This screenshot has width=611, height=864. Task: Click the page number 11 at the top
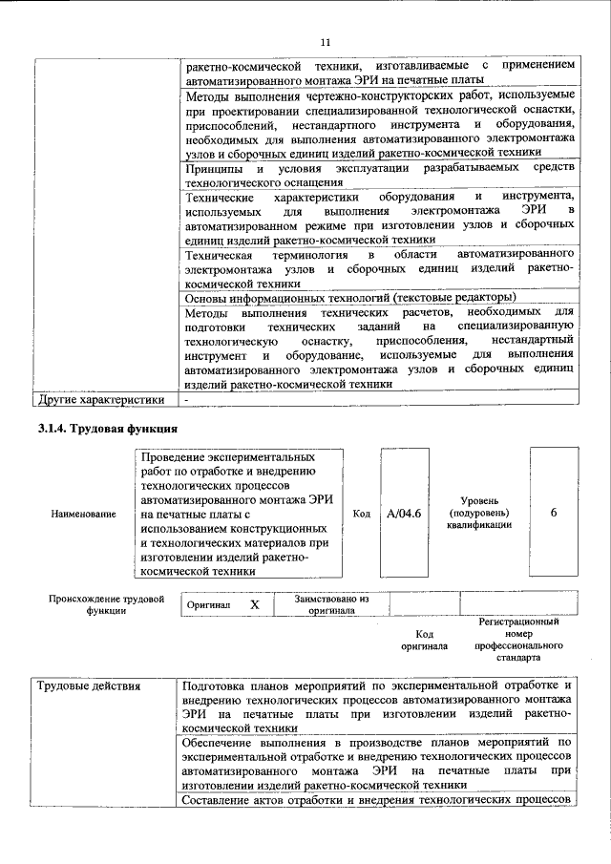324,43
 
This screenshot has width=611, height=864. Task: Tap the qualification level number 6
554,513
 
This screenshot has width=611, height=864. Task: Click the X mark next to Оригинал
254,605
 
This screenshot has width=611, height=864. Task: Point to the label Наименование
84,514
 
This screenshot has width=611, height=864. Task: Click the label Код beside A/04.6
362,514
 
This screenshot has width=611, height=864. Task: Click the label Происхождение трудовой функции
107,605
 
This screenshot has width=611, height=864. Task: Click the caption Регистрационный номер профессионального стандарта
518,639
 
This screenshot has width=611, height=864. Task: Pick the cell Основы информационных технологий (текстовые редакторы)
349,297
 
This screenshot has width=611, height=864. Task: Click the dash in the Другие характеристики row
187,399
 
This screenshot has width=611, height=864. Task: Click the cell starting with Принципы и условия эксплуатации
378,175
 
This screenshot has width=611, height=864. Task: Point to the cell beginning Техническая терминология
378,268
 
